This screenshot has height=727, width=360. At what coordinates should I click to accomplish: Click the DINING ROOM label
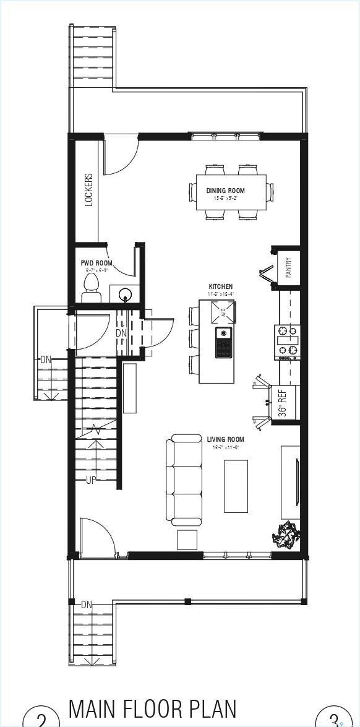point(226,191)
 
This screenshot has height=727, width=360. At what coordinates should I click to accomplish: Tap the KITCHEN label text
point(221,286)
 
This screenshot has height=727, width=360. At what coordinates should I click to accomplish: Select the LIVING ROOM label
point(226,440)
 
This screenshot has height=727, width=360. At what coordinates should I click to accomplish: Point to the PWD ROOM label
point(96,263)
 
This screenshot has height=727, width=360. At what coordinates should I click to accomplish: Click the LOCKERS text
point(89,189)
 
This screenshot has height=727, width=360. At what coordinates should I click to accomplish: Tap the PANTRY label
point(288,268)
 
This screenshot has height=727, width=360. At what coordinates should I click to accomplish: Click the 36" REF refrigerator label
point(283,403)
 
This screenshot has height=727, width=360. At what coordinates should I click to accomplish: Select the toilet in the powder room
point(92,288)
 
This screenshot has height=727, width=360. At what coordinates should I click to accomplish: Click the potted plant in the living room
point(286,534)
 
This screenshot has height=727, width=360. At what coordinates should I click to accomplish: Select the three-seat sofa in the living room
point(184,480)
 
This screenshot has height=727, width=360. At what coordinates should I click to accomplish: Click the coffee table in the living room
point(236,486)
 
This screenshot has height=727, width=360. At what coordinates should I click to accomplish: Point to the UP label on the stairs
point(90,480)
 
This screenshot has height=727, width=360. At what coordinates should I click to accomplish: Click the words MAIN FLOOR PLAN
point(153,709)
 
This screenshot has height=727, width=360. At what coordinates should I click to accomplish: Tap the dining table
point(232,192)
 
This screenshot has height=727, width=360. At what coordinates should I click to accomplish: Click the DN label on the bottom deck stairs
point(86,604)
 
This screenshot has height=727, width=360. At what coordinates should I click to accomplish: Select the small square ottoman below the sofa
point(187,540)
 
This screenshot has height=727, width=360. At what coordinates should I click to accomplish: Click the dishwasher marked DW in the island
point(225,312)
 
